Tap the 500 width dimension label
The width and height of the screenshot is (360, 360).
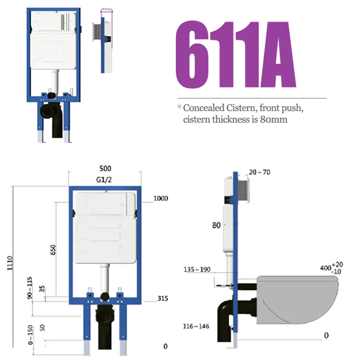click(105, 168)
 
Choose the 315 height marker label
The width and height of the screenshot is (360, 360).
click(162, 299)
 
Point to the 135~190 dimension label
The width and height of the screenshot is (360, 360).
click(197, 269)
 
